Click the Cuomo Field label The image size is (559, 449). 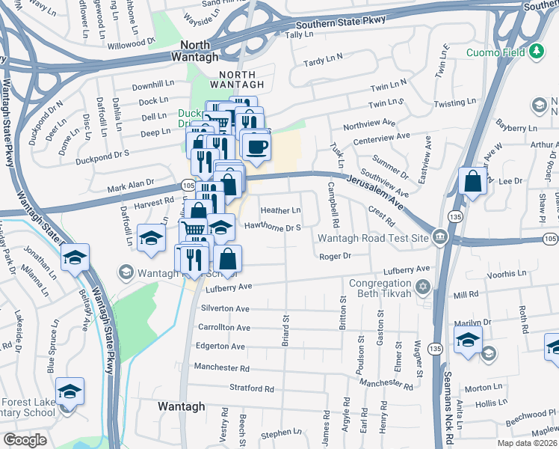[x=496, y=52]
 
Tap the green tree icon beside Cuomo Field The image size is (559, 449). [x=536, y=52]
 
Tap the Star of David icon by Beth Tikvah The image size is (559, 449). [x=423, y=287]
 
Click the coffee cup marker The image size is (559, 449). [x=256, y=147]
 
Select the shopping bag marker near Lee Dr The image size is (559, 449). [x=472, y=182]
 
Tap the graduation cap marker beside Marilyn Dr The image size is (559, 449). [x=467, y=339]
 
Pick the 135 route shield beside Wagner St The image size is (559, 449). [x=435, y=348]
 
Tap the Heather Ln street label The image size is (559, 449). [x=280, y=211]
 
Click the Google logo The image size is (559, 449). [x=25, y=440]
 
